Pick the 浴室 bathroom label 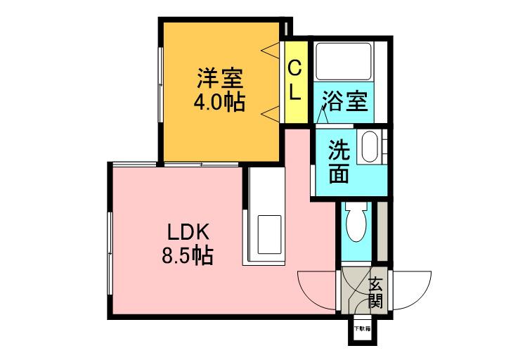click(x=344, y=101)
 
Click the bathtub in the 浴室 click(x=344, y=62)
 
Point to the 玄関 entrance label click(x=375, y=293)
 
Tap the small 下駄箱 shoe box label click(x=361, y=329)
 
